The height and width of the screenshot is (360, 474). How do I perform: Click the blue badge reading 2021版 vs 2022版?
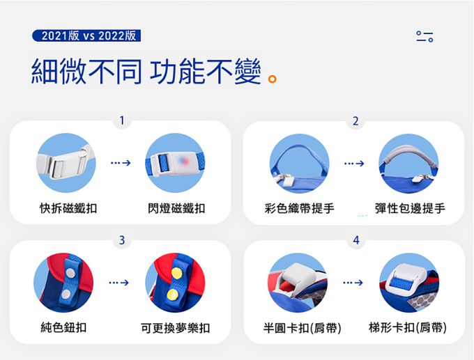click(86, 36)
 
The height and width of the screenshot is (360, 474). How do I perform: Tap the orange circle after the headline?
click(273, 79)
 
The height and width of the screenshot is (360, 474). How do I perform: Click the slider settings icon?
click(425, 36)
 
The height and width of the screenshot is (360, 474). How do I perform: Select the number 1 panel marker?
click(122, 120)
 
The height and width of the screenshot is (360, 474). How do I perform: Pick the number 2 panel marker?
click(355, 121)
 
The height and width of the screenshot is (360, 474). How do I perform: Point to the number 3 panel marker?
click(122, 240)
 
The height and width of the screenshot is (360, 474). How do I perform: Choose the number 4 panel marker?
click(356, 240)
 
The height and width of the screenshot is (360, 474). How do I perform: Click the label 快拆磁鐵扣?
click(68, 208)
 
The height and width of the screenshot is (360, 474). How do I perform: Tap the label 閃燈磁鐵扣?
click(176, 208)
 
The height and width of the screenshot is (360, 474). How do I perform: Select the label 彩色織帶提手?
click(299, 208)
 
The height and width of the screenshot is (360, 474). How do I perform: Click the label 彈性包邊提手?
click(410, 208)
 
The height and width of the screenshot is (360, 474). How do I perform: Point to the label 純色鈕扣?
click(63, 327)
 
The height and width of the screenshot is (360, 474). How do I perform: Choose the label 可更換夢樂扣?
click(176, 328)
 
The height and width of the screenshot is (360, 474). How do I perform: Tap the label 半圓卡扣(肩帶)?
click(302, 328)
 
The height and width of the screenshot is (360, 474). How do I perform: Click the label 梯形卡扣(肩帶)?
click(408, 327)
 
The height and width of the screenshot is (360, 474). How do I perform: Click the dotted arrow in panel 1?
click(121, 163)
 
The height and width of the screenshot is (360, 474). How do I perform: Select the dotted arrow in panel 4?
click(353, 283)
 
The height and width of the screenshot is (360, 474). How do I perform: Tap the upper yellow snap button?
click(176, 273)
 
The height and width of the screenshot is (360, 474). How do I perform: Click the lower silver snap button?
click(66, 294)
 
